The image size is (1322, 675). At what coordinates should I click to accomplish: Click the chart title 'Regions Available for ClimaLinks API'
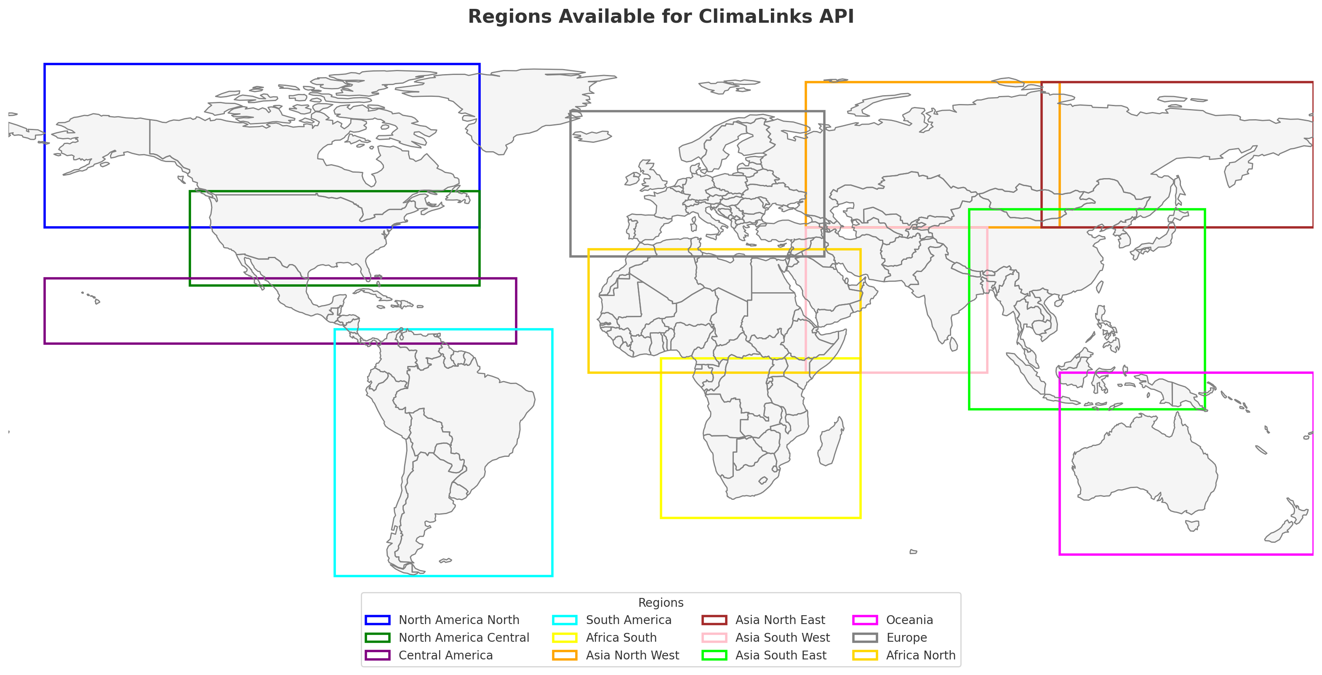(661, 16)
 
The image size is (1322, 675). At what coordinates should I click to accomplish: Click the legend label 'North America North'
(459, 620)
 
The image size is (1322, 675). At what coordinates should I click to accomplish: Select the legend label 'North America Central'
(464, 638)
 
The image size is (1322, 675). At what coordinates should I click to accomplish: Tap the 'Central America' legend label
(445, 656)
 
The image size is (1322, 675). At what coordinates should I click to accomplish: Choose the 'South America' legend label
(628, 620)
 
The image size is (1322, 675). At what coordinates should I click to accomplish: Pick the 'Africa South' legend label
(621, 638)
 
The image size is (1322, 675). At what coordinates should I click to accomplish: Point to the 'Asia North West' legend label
(632, 656)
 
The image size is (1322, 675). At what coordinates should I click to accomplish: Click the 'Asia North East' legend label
(780, 620)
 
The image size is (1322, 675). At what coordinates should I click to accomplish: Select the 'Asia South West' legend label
(782, 638)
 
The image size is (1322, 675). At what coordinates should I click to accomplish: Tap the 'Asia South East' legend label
(781, 656)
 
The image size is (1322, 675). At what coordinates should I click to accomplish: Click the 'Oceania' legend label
(909, 620)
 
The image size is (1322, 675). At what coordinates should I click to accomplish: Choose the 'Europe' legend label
(906, 638)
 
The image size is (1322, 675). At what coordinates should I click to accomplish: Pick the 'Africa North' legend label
(921, 656)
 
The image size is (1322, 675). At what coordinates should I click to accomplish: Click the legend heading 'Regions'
(661, 603)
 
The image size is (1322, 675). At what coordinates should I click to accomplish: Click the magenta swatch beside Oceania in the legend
(865, 620)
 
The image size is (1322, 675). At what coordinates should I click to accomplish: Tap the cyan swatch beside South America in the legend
(565, 620)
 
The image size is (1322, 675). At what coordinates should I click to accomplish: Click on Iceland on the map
(593, 136)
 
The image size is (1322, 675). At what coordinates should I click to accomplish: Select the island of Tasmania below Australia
(1192, 526)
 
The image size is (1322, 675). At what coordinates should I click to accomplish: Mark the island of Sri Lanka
(954, 344)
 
